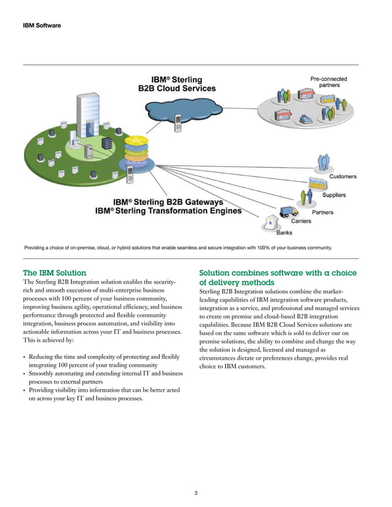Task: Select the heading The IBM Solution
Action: [54, 272]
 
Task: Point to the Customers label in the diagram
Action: [342, 177]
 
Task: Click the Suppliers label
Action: [334, 195]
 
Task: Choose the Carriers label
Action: [300, 221]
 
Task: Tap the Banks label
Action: [284, 233]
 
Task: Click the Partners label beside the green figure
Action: [323, 212]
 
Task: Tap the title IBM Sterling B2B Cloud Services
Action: [176, 83]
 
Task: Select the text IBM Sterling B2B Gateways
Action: [168, 201]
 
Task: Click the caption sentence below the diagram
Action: [178, 248]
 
